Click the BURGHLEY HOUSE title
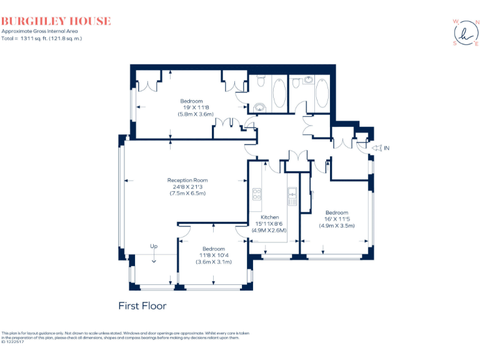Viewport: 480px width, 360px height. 56,21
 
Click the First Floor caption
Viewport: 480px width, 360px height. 142,306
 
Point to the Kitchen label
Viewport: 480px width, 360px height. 270,217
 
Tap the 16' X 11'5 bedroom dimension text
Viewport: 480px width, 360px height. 336,219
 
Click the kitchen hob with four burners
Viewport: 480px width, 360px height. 256,193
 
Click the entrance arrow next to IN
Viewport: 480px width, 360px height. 376,148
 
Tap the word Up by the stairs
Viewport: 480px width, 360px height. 154,246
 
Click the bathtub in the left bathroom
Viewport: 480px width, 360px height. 279,94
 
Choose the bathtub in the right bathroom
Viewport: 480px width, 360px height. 322,94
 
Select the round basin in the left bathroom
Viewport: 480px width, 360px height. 260,106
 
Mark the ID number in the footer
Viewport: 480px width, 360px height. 12,342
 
